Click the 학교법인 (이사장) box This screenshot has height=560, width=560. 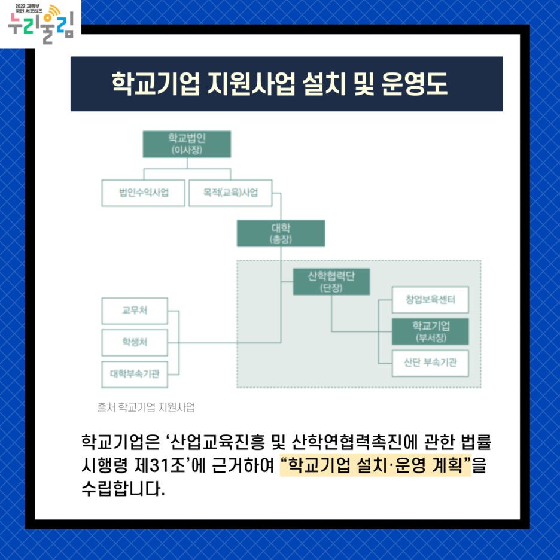click(187, 144)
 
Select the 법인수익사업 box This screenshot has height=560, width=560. click(144, 193)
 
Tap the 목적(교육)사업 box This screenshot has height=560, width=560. click(230, 193)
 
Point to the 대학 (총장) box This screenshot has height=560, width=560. click(281, 233)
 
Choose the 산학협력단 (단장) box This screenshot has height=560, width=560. click(331, 281)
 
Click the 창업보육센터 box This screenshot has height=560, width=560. click(430, 300)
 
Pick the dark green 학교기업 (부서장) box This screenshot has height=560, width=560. click(430, 331)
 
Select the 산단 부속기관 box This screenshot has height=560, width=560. click(430, 363)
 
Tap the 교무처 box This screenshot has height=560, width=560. click(135, 311)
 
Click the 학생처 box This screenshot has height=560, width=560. click(135, 342)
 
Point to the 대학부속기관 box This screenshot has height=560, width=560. click(135, 375)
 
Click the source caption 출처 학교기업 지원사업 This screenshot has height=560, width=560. click(146, 407)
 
